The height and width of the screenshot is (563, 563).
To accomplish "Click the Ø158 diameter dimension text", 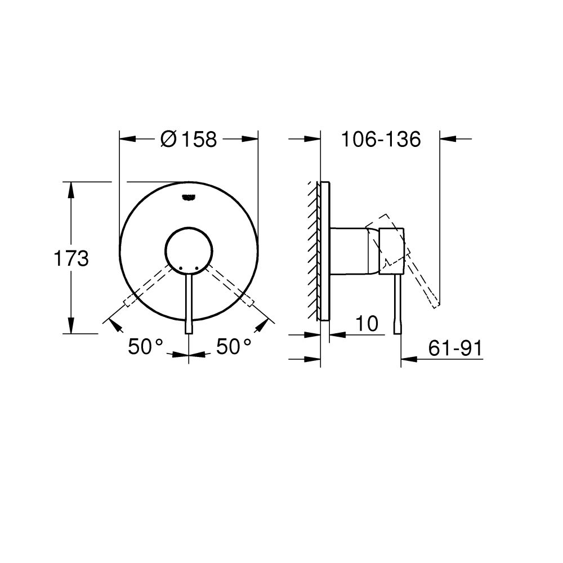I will [188, 139].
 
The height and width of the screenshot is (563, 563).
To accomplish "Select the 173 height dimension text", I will [71, 259].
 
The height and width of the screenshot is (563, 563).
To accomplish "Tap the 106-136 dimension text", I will [381, 139].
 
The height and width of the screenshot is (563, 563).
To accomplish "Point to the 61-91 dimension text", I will [455, 349].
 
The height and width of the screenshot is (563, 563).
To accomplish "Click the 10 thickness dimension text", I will [366, 324].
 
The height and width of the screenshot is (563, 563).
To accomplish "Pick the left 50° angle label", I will [146, 347].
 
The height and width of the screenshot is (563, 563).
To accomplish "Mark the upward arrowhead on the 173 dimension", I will [71, 189].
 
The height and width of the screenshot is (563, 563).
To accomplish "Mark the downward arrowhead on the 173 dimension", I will [71, 326].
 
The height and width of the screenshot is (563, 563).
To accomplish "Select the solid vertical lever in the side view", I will [398, 304].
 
